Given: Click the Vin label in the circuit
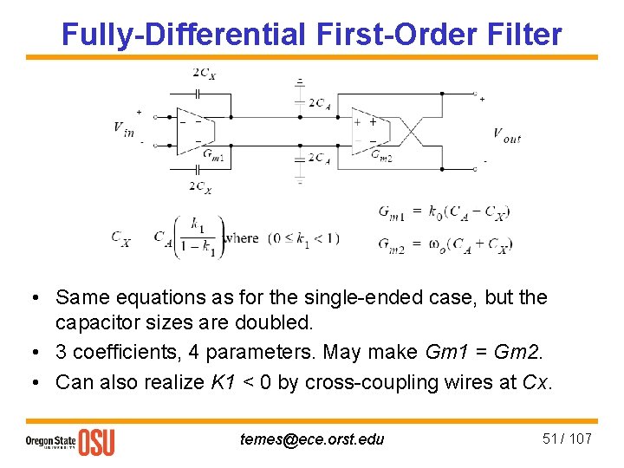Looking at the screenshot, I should pyautogui.click(x=124, y=127).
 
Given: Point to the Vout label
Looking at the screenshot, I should pyautogui.click(x=507, y=134).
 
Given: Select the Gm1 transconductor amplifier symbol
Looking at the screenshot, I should pyautogui.click(x=194, y=131).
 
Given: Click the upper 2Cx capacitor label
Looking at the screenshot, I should pyautogui.click(x=204, y=73).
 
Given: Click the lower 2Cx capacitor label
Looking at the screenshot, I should pyautogui.click(x=200, y=185).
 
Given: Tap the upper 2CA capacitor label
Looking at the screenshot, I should pyautogui.click(x=319, y=102).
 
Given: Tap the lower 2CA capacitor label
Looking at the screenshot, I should pyautogui.click(x=319, y=159).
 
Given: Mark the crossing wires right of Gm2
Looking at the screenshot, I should pyautogui.click(x=413, y=131).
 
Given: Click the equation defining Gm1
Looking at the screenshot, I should pyautogui.click(x=444, y=211).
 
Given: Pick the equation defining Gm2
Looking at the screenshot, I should pyautogui.click(x=445, y=245).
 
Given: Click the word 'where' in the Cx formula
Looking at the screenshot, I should pyautogui.click(x=241, y=238).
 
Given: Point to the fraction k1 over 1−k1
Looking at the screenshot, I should pyautogui.click(x=198, y=237).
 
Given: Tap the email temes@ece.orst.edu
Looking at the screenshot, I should pyautogui.click(x=312, y=439).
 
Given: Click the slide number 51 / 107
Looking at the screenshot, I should pyautogui.click(x=567, y=439).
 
